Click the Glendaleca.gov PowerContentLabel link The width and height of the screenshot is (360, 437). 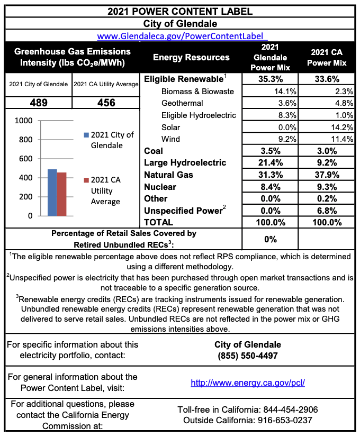[182, 36]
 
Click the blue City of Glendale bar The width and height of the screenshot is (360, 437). [52, 193]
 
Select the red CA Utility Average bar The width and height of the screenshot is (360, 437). [62, 194]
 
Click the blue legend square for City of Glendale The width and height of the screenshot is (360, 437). [86, 135]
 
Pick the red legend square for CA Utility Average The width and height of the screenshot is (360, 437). [86, 180]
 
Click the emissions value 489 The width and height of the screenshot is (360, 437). [38, 103]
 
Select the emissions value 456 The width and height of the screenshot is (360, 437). [106, 103]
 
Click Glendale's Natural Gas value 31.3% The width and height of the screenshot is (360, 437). [270, 175]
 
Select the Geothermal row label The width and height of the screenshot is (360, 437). [182, 103]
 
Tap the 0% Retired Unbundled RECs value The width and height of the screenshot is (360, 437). [270, 239]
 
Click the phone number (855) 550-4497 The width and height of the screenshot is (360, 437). [248, 356]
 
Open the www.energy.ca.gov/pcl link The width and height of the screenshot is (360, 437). [248, 383]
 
